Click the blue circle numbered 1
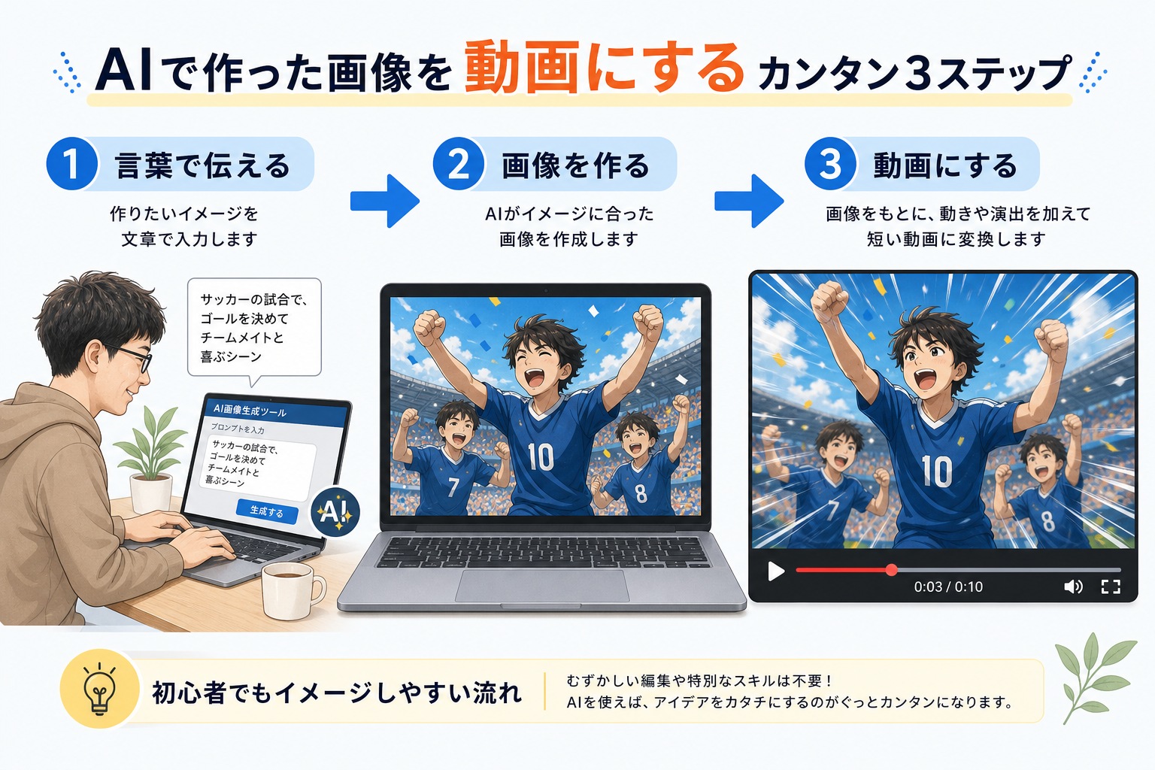pyautogui.click(x=71, y=163)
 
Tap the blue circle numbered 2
pyautogui.click(x=459, y=163)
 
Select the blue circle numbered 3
pyautogui.click(x=830, y=163)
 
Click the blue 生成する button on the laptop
pyautogui.click(x=267, y=511)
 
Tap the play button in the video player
pyautogui.click(x=776, y=571)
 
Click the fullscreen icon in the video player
pyautogui.click(x=1111, y=587)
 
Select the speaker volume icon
pyautogui.click(x=1073, y=587)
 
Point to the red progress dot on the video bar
pyautogui.click(x=892, y=570)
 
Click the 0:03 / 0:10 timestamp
pyautogui.click(x=948, y=587)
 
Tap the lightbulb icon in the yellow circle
pyautogui.click(x=99, y=689)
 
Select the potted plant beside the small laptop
pyautogui.click(x=151, y=459)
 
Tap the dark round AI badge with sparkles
pyautogui.click(x=335, y=512)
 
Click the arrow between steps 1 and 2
pyautogui.click(x=385, y=201)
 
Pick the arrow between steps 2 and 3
pyautogui.click(x=749, y=201)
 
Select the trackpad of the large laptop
pyautogui.click(x=542, y=585)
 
